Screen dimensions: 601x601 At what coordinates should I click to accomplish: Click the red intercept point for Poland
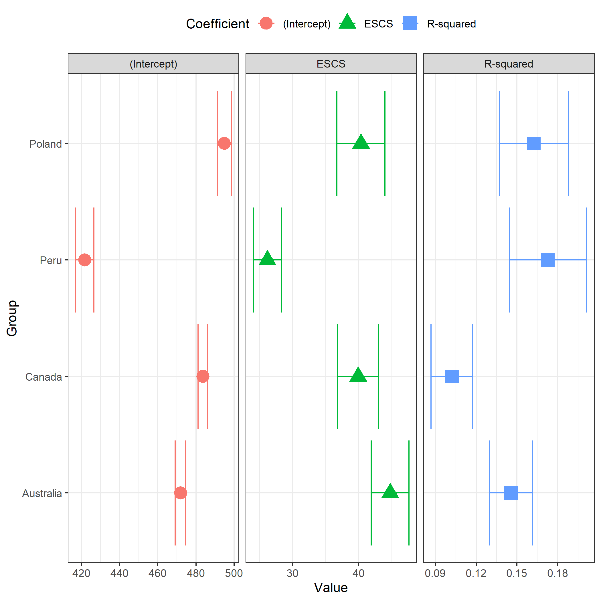tap(224, 143)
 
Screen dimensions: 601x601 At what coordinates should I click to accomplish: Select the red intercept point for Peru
tap(85, 260)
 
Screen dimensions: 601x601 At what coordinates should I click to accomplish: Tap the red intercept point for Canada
tap(203, 376)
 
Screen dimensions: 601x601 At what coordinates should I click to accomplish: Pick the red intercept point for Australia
tap(180, 493)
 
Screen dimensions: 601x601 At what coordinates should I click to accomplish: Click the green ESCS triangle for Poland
tap(361, 142)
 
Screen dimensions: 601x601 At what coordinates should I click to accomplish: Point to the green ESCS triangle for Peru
tap(267, 258)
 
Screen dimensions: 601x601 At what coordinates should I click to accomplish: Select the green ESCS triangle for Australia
tap(390, 491)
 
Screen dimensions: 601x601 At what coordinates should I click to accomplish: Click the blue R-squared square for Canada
tap(452, 376)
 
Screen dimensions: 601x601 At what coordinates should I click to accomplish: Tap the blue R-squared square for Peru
tap(548, 260)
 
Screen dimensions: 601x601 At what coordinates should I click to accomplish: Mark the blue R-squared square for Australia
tap(511, 493)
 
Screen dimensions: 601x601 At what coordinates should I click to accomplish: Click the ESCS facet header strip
tap(331, 64)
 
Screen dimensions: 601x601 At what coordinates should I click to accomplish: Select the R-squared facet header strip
tap(509, 64)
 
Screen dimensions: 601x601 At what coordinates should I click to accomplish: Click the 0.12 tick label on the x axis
tap(476, 573)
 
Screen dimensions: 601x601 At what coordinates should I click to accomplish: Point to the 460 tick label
tap(157, 573)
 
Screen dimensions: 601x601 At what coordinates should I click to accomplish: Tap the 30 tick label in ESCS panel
tap(292, 573)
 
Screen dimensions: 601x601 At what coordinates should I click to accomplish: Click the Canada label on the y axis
tap(44, 377)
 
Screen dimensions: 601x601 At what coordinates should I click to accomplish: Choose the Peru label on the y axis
tap(51, 260)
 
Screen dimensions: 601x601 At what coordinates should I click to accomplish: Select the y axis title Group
tap(12, 318)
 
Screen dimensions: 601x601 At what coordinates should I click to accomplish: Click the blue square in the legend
tap(410, 23)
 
